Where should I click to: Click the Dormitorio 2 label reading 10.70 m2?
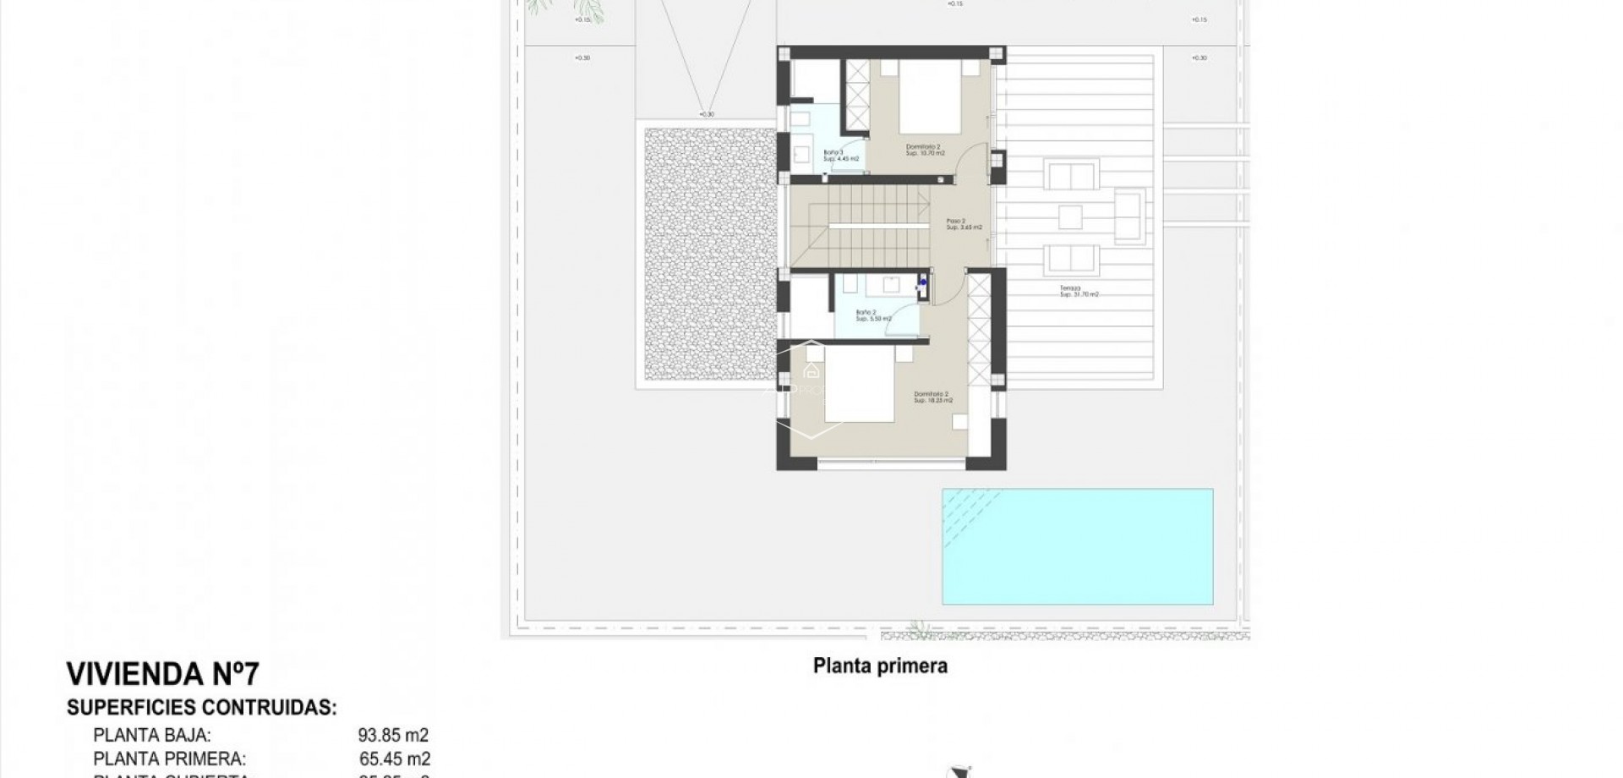(924, 150)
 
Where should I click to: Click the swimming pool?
(1077, 546)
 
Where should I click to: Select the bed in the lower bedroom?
(859, 384)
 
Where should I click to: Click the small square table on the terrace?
(1070, 217)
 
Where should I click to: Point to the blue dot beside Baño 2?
(923, 282)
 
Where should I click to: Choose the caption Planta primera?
(880, 666)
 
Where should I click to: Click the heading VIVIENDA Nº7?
(162, 675)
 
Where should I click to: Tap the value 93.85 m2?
(393, 736)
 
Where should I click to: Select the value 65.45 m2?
(393, 759)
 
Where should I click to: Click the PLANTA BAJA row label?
(152, 736)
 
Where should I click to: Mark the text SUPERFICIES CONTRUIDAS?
(201, 708)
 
